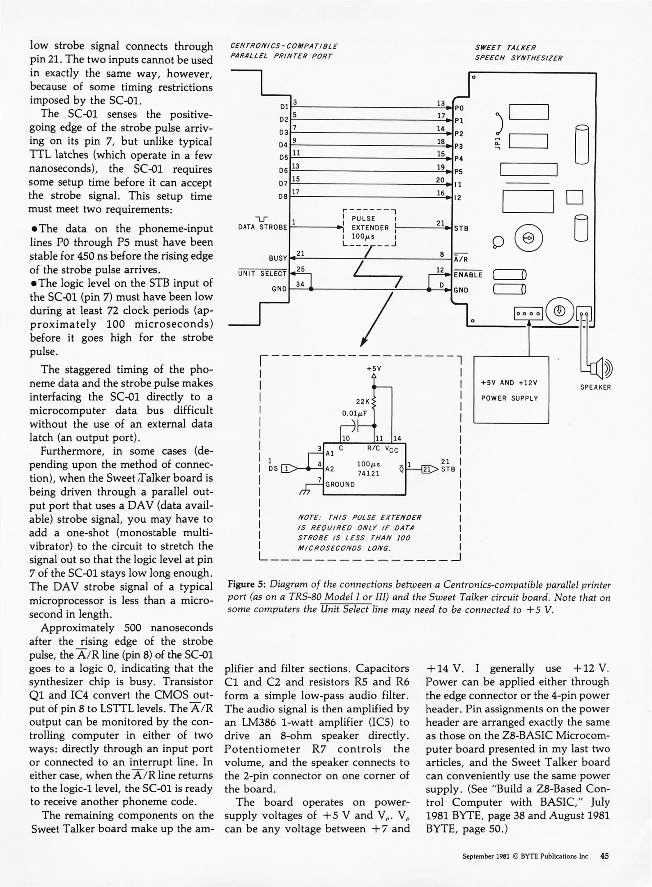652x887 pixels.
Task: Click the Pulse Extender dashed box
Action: pos(368,227)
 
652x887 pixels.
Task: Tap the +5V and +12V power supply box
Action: pos(511,390)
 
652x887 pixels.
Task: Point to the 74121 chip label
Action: pos(368,473)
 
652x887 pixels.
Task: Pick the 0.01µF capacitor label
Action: pos(354,414)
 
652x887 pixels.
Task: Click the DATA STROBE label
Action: pos(263,227)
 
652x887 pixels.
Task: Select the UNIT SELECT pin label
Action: pos(262,273)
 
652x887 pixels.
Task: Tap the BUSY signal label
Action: pos(278,258)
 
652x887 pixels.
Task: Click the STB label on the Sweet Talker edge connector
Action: pos(461,228)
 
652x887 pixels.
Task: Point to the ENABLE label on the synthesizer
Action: pos(468,275)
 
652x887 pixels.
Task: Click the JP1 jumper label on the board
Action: pos(497,143)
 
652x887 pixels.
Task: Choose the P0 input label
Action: pos(459,108)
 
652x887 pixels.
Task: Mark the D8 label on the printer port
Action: pos(283,196)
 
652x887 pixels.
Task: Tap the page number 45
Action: pos(604,856)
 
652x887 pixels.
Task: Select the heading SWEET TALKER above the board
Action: pos(505,48)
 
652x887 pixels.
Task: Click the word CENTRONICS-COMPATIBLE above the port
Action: pos(284,46)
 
